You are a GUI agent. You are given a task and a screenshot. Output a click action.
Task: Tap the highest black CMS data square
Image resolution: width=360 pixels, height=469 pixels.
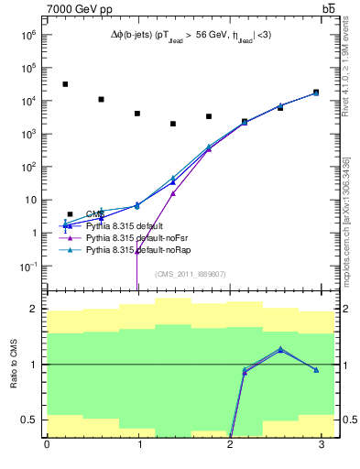pos(65,84)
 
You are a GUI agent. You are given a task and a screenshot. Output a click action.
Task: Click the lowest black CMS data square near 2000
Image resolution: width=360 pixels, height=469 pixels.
pos(172,124)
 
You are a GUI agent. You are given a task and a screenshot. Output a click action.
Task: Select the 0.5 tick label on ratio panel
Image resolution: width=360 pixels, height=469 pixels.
pos(29,420)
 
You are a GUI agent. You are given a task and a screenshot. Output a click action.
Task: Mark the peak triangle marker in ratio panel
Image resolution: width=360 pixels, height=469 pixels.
pos(280,349)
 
